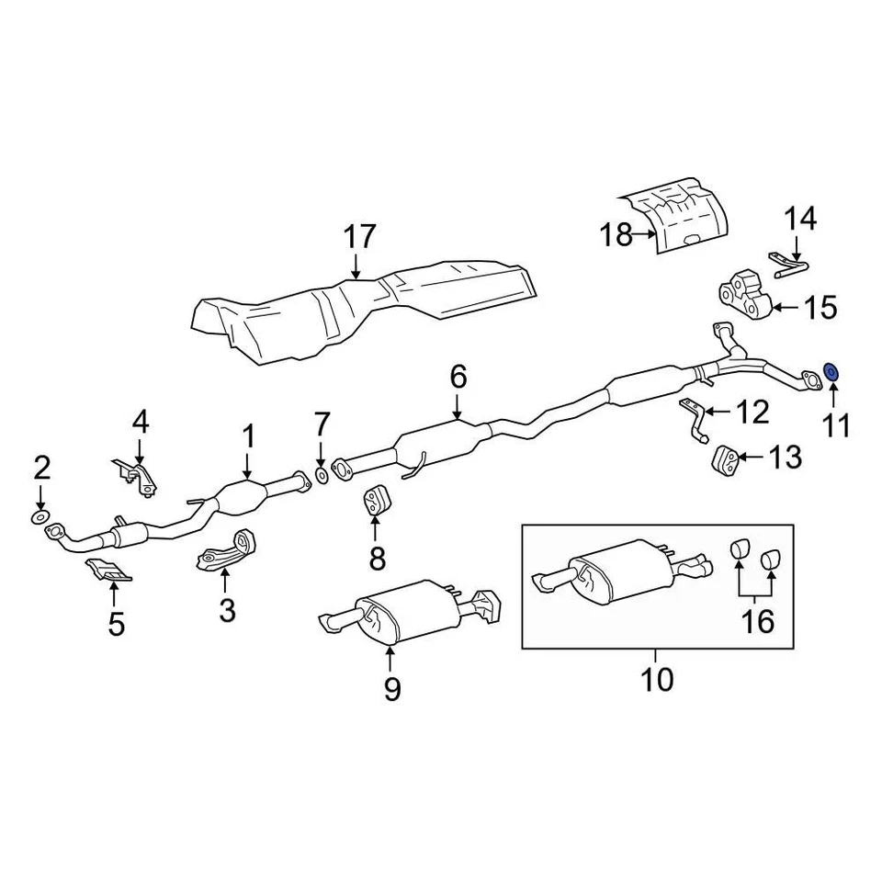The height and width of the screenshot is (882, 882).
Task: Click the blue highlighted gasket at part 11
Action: tap(831, 372)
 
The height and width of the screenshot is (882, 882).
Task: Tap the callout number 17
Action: tap(359, 237)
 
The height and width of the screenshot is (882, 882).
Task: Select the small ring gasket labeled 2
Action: tap(41, 519)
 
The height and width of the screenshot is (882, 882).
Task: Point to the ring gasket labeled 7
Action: tap(322, 474)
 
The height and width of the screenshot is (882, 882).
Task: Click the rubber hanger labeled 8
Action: tap(374, 499)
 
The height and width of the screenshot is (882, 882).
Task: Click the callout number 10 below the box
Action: tap(658, 680)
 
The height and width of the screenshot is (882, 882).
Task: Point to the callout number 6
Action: tap(458, 376)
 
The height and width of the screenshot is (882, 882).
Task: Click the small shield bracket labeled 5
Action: tap(107, 572)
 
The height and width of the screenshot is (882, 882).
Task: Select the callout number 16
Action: tap(758, 622)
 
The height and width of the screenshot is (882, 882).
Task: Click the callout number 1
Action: tap(248, 437)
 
